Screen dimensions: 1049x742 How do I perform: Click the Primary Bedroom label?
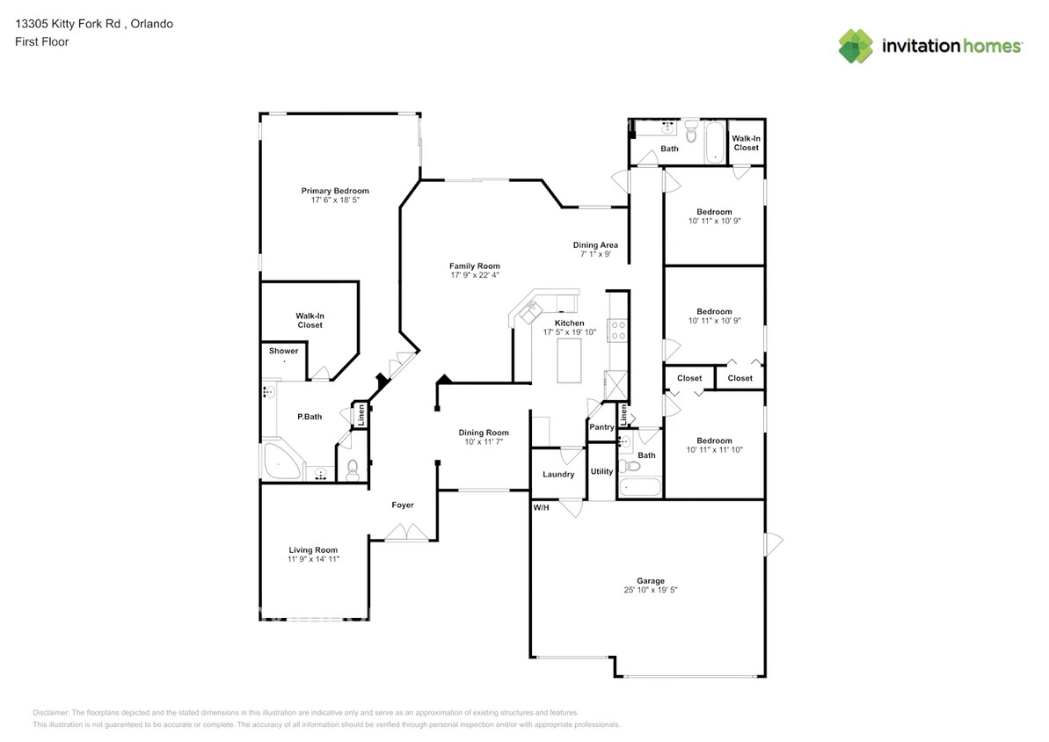point(334,191)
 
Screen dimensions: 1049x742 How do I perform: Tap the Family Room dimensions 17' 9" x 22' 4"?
point(475,275)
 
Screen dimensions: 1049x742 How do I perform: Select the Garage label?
point(651,581)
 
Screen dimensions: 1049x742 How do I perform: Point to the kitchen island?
point(569,360)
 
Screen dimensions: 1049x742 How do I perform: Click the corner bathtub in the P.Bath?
point(281,461)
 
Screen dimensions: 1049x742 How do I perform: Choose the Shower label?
point(284,351)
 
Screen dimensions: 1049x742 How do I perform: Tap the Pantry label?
point(601,427)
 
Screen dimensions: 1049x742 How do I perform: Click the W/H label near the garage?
point(542,508)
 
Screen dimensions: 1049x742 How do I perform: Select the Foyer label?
point(403,506)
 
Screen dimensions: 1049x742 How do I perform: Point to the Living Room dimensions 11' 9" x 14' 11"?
point(313,559)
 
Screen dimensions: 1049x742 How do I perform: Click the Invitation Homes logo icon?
point(856,47)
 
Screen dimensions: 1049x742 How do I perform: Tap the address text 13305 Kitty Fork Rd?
point(68,24)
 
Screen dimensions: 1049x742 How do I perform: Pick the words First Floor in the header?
point(41,41)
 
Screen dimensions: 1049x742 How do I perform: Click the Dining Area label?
point(595,245)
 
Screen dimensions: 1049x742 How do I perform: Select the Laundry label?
point(558,475)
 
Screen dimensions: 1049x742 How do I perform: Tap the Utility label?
point(601,471)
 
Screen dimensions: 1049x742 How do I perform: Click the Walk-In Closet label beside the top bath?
point(746,143)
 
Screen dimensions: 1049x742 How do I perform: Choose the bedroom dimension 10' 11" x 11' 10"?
point(715,449)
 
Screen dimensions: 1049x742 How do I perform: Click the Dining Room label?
point(484,433)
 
